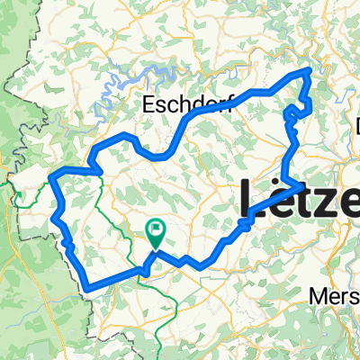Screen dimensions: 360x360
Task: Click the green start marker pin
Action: pos(156,234)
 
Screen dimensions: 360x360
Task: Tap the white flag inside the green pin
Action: pos(156,230)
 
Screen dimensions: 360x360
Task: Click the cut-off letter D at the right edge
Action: pos(355,128)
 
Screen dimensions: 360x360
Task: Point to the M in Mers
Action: pos(316,295)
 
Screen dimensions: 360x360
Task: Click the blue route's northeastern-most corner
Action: pos(311,69)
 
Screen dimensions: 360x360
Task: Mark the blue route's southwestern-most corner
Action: pos(89,289)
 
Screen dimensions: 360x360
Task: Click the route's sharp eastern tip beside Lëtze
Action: pos(302,184)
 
